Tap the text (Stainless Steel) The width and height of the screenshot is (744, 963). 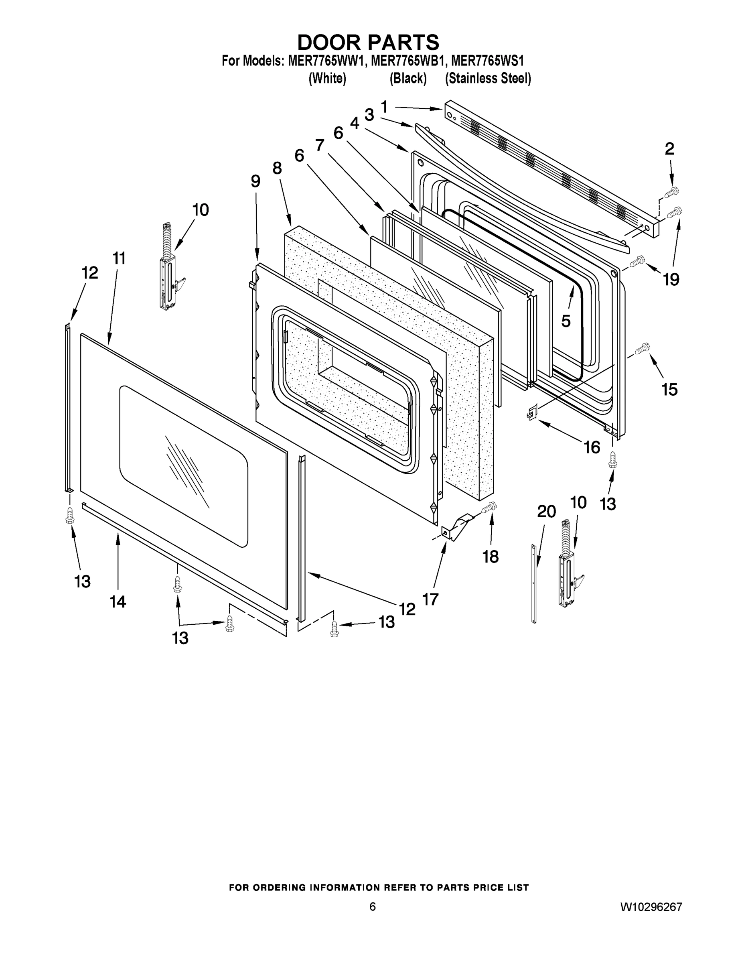tap(487, 79)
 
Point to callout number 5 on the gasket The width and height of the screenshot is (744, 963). tap(566, 321)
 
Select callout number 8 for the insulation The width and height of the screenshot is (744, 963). tap(277, 168)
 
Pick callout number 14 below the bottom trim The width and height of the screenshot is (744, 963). tap(118, 601)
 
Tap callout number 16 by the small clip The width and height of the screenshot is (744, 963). tap(592, 447)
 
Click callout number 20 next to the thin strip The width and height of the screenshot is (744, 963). tap(546, 512)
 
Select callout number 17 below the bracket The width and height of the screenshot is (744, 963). tap(430, 599)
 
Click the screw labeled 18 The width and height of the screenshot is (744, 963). tap(489, 508)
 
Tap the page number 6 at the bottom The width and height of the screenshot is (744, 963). tap(373, 906)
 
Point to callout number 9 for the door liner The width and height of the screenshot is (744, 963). tap(255, 181)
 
